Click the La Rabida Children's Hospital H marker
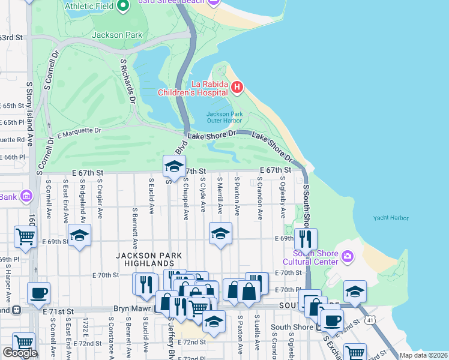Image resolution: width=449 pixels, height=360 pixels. coord(237,88)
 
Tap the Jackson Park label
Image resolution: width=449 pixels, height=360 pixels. coord(117,35)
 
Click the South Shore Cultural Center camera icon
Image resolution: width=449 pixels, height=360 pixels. coord(347,257)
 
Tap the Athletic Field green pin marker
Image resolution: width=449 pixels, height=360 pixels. coord(124,5)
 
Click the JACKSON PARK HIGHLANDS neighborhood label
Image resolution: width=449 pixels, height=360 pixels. coord(145,259)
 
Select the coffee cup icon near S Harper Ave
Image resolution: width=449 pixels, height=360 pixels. coord(39,293)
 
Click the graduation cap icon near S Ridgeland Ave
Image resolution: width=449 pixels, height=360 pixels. coord(79,236)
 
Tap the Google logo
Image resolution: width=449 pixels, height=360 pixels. coord(20,353)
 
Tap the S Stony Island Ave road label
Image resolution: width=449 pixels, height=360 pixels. coord(29,114)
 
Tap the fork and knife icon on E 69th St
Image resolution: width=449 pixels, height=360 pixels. coord(306,239)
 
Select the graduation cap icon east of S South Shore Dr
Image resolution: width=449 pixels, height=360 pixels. coord(355,292)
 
